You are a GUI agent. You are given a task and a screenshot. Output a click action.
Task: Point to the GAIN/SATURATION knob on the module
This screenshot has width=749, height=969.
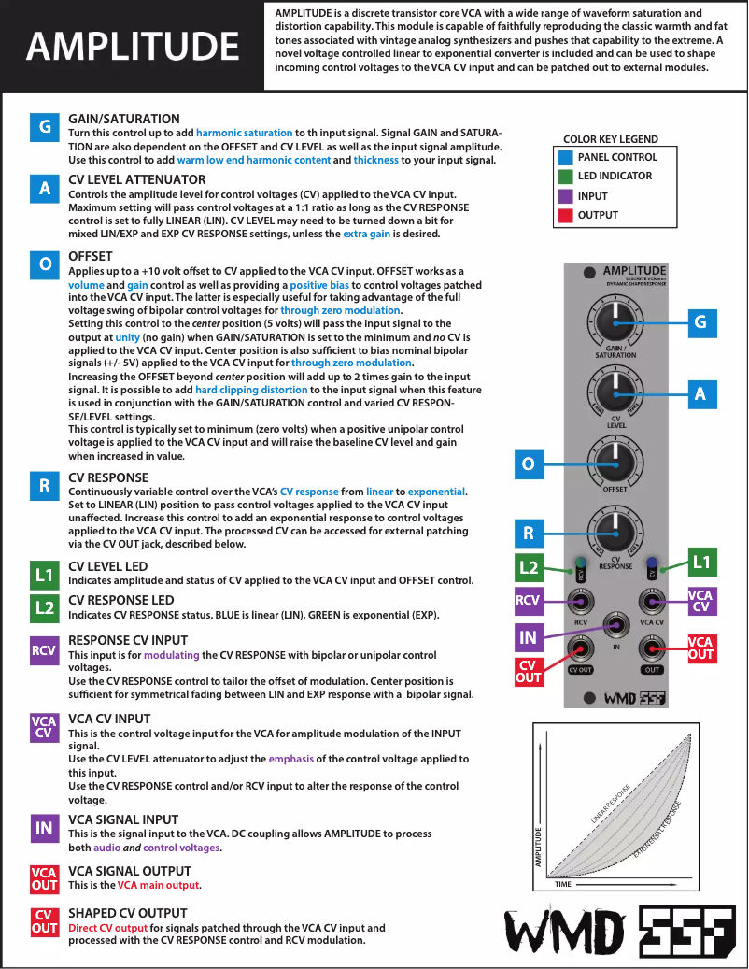[x=614, y=322]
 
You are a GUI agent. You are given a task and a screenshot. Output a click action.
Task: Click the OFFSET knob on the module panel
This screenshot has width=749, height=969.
[x=614, y=458]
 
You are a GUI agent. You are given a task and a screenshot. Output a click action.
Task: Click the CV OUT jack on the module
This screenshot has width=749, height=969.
[x=581, y=648]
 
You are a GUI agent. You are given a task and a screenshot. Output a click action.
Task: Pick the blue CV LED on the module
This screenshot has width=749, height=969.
[x=652, y=563]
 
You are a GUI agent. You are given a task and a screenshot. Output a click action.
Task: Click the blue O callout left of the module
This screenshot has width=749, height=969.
[x=528, y=463]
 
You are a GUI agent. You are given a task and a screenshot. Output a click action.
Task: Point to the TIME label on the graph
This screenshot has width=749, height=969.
[x=563, y=883]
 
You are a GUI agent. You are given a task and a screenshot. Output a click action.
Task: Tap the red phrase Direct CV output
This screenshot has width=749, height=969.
[x=108, y=928]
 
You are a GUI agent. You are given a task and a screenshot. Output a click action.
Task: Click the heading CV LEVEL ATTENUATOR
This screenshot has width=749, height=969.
[x=136, y=179]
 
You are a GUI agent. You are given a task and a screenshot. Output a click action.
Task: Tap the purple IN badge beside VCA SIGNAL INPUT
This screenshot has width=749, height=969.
[x=44, y=828]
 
